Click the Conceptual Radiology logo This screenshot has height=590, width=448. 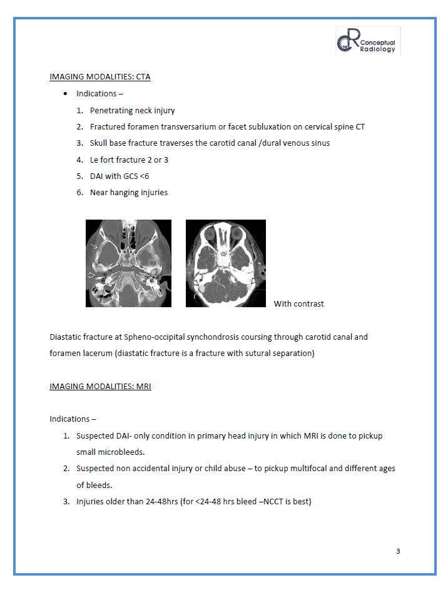[x=368, y=41]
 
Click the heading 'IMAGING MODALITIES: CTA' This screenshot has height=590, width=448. [x=99, y=77]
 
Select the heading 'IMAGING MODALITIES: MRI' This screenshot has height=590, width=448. [x=100, y=386]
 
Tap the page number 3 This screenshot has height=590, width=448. [x=398, y=551]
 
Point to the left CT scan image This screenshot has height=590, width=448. [x=128, y=263]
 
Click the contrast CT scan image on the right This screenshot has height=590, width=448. [x=226, y=263]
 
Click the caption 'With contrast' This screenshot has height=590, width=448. [x=298, y=304]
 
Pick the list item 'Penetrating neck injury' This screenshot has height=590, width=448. [x=132, y=110]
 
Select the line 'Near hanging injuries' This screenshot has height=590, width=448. [x=128, y=193]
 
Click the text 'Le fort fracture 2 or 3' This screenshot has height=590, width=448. [x=129, y=160]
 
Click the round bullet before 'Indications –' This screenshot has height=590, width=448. [x=66, y=94]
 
